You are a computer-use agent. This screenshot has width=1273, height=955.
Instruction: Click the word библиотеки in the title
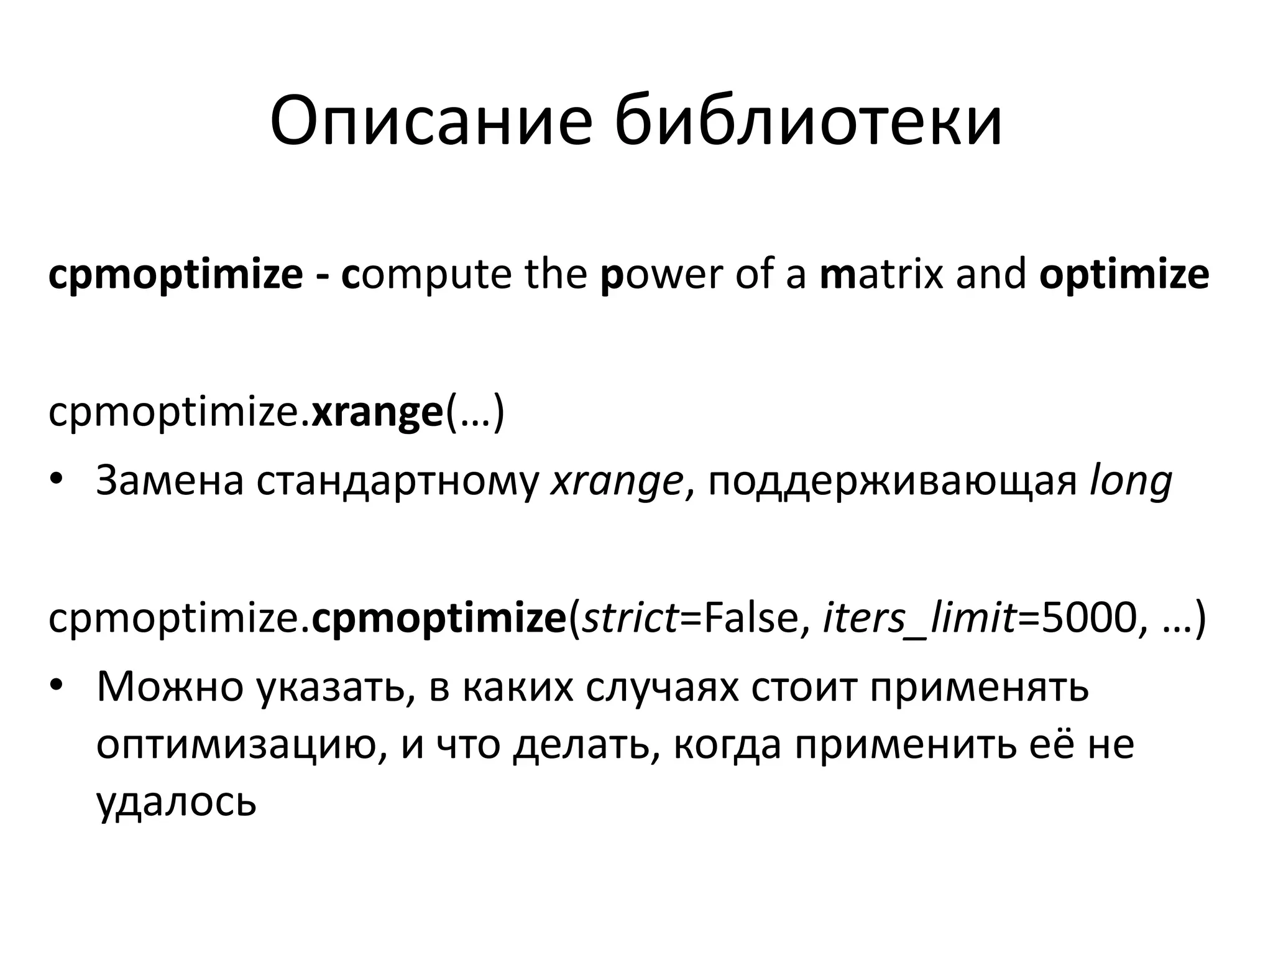(808, 121)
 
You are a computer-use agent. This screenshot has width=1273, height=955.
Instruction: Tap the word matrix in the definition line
(881, 274)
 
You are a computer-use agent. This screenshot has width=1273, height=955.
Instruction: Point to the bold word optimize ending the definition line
(1124, 274)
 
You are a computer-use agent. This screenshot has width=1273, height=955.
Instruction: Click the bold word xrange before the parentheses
(377, 412)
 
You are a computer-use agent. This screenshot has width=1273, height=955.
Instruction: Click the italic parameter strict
(632, 619)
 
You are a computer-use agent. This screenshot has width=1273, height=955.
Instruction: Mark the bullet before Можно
(57, 686)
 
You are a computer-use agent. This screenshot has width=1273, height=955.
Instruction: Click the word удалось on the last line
(177, 802)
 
